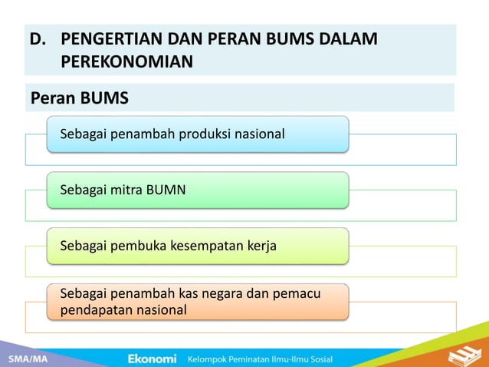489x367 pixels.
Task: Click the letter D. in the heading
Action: tap(38, 39)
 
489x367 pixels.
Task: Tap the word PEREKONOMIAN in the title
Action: tap(126, 61)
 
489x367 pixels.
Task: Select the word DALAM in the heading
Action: tap(351, 39)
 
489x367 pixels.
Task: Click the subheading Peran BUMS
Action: tap(79, 98)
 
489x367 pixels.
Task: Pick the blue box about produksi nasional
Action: tap(198, 134)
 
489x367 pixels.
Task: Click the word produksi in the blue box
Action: tap(202, 135)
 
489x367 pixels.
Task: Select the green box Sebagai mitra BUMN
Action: tap(198, 190)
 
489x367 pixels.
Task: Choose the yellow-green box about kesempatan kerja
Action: tap(198, 246)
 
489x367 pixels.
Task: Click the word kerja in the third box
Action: tap(262, 246)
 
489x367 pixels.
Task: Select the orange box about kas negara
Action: tap(198, 302)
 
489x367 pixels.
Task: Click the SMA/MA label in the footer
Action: tap(25, 359)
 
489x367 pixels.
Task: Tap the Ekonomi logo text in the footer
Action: tap(152, 359)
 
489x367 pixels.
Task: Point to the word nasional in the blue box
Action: tap(260, 135)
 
